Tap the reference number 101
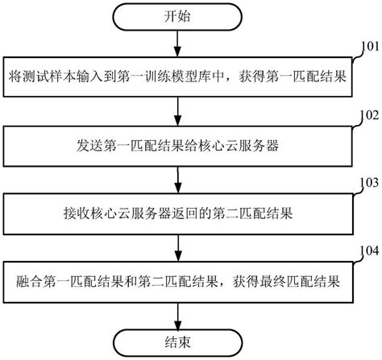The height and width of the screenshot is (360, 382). pyautogui.click(x=369, y=48)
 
